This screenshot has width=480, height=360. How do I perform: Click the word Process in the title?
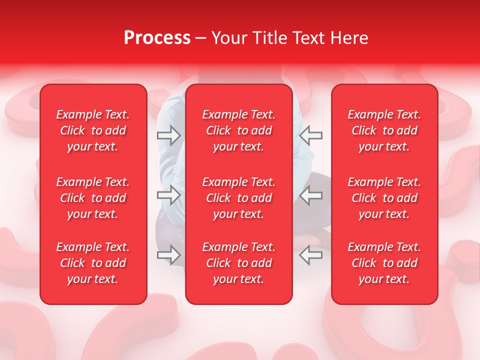(157, 38)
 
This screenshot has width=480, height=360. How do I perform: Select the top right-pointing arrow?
(169, 135)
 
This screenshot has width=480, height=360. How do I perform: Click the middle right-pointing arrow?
(169, 195)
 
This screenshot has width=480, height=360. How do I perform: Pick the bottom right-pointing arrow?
(169, 255)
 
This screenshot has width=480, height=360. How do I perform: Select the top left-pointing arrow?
(311, 135)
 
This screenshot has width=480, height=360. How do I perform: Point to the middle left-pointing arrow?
(311, 195)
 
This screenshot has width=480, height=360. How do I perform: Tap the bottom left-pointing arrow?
(311, 255)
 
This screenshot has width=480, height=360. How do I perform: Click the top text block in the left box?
(93, 130)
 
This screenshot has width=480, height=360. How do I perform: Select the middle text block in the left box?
(93, 198)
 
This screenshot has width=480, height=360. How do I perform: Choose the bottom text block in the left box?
(93, 263)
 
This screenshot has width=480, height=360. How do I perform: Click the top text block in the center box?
(239, 130)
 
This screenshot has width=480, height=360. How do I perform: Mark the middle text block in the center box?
(239, 198)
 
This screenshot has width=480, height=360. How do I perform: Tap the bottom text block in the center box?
(239, 263)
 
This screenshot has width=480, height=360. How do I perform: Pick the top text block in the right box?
(384, 130)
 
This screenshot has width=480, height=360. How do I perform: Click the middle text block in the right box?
(384, 198)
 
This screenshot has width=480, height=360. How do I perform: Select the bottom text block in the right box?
(384, 263)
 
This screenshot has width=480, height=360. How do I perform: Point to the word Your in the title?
(228, 38)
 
